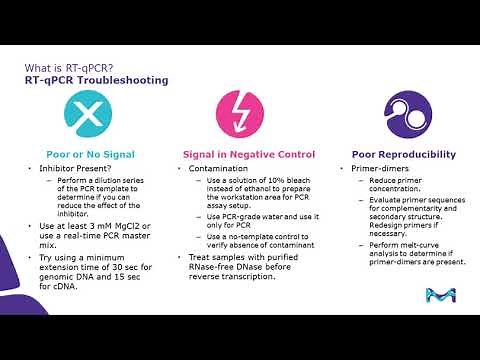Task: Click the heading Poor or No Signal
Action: coord(90,155)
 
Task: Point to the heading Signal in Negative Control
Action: coord(248,155)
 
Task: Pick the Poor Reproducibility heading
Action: coord(403,155)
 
